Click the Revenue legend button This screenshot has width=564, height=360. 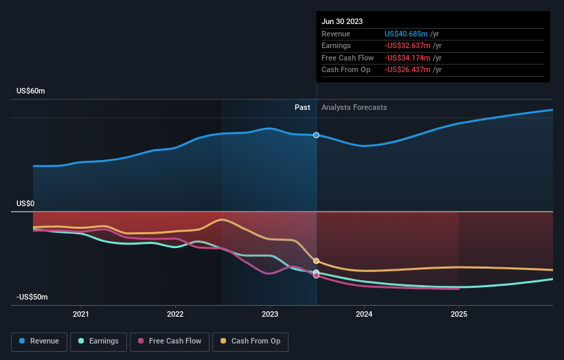point(39,341)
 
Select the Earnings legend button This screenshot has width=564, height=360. point(98,341)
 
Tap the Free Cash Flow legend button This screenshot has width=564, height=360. point(169,341)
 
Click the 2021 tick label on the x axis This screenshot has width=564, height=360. point(81,315)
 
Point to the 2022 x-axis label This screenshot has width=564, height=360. point(175,315)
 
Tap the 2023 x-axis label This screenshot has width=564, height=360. point(270,315)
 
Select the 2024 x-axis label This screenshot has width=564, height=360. point(364,315)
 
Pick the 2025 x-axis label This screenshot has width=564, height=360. point(459,315)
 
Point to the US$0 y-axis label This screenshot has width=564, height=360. point(25,204)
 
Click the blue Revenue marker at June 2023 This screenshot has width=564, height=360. point(316,135)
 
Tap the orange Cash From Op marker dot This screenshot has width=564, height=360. point(316,261)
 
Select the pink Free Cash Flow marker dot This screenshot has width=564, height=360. point(316,275)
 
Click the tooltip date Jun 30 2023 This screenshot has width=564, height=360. point(341,21)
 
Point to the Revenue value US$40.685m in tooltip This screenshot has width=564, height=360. point(406,34)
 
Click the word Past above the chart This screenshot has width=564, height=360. point(302,107)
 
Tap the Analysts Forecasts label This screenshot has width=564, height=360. point(354,107)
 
